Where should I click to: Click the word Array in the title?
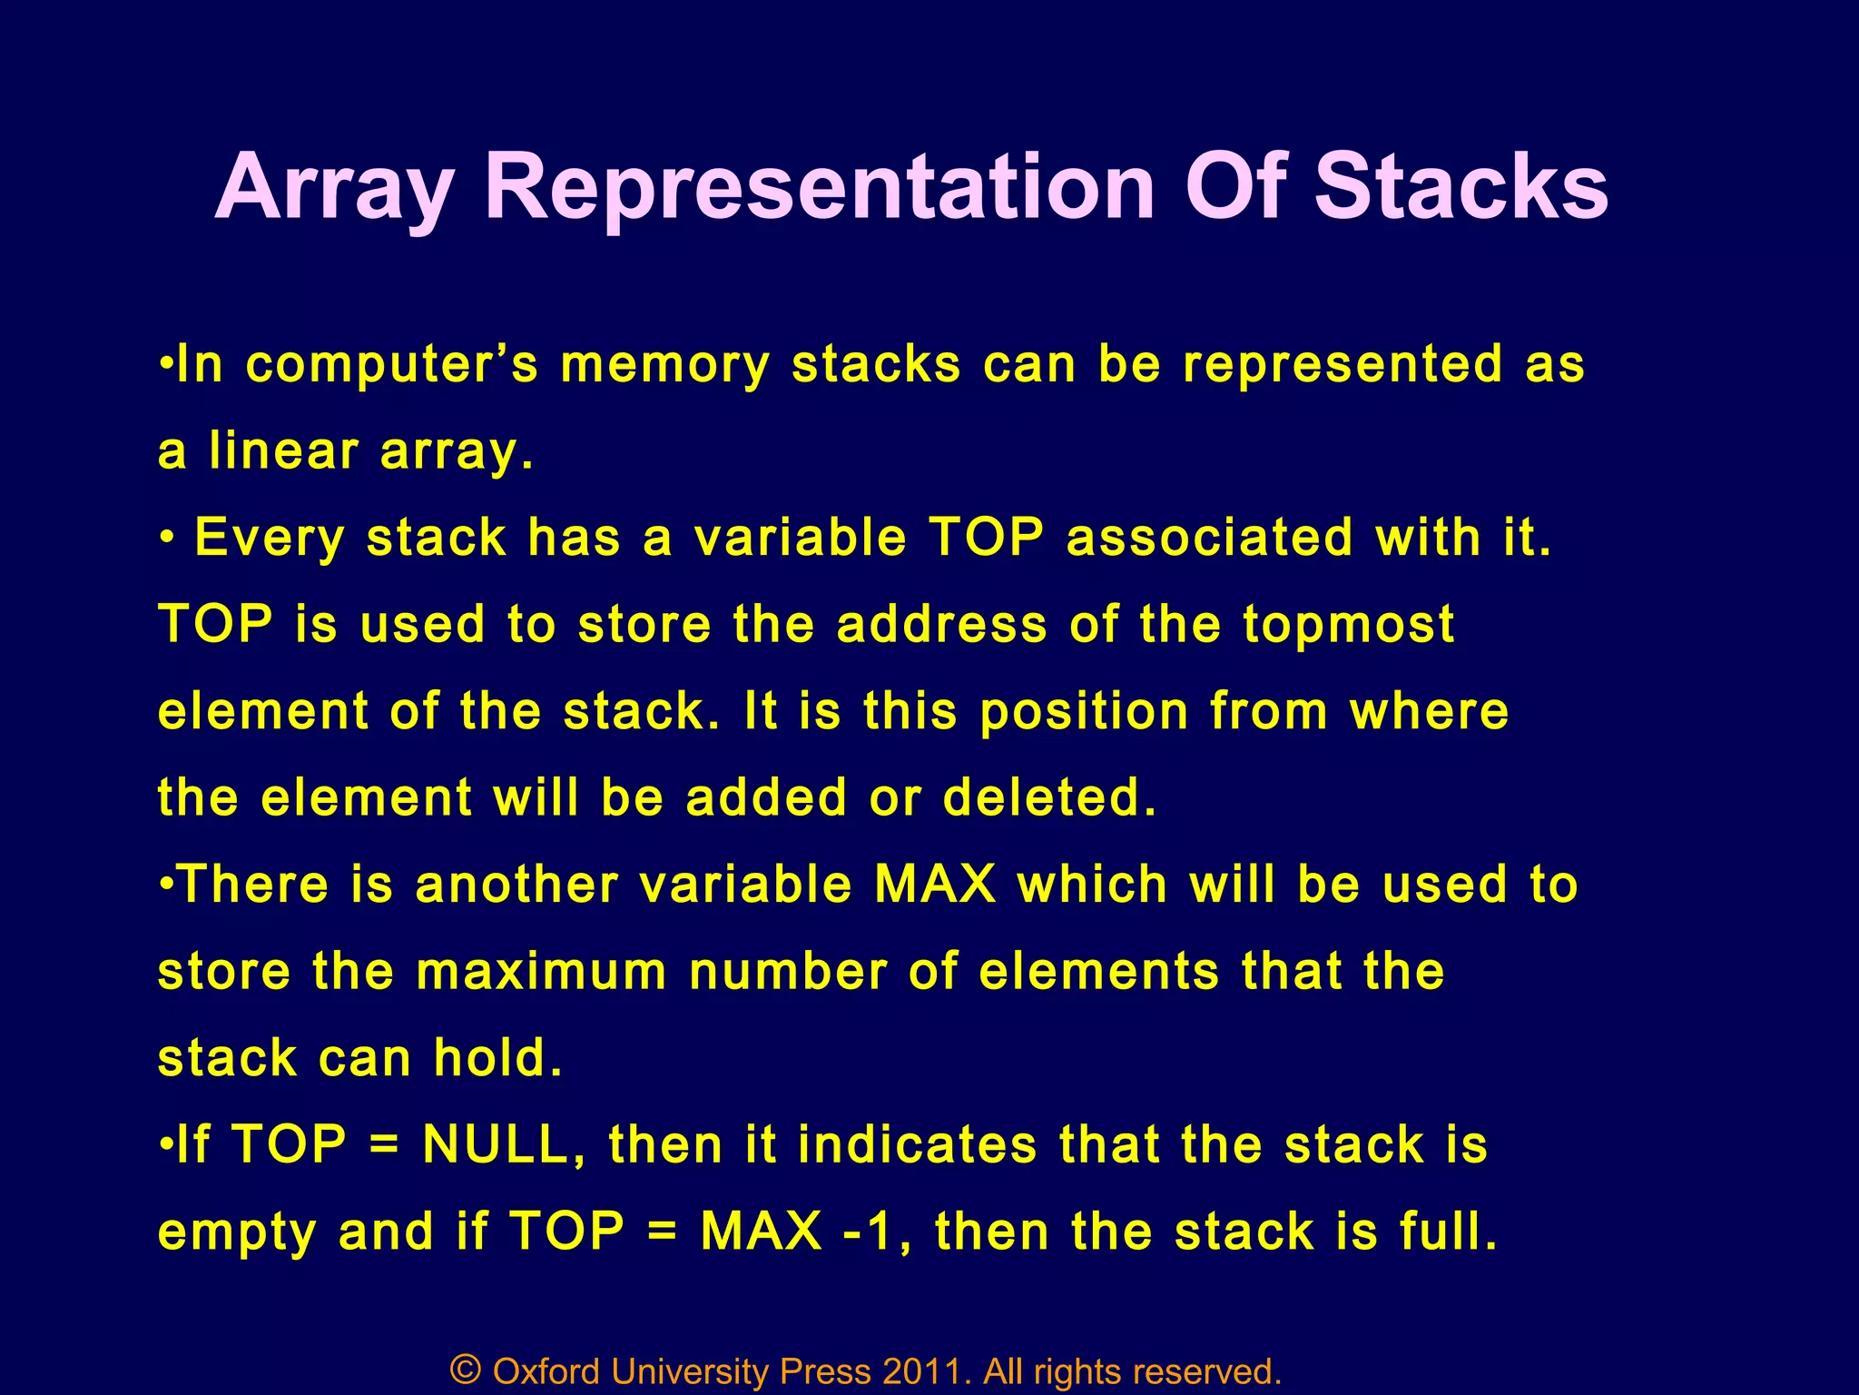tap(333, 189)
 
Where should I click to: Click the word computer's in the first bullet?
tap(392, 365)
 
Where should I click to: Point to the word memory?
tap(664, 365)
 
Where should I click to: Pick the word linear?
tap(284, 450)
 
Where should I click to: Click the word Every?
tap(270, 538)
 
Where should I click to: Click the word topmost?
tap(1349, 626)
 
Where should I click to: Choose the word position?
tap(1085, 711)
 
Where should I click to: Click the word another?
tap(516, 885)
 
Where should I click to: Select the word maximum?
tap(542, 972)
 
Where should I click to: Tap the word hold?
tap(497, 1058)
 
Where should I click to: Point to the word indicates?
tap(917, 1144)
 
